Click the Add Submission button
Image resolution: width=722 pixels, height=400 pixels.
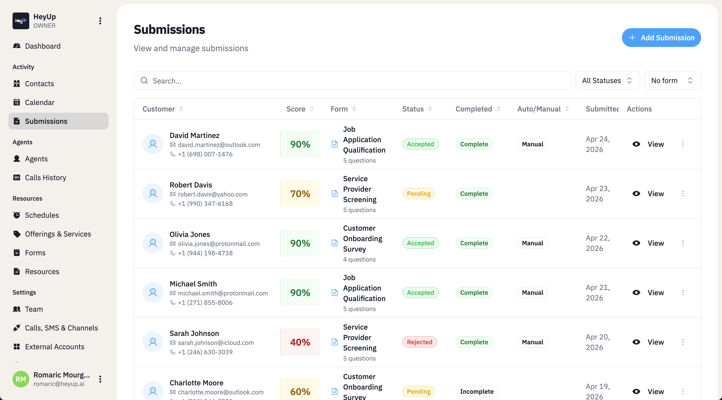(661, 38)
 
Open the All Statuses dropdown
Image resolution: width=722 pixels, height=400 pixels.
(607, 81)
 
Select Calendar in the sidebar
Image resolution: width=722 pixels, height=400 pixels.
(39, 102)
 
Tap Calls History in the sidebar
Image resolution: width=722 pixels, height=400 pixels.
(45, 178)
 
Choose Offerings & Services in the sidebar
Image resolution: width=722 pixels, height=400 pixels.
(58, 234)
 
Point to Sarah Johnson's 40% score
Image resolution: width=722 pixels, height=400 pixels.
(300, 342)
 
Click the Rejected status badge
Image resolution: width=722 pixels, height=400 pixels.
(419, 342)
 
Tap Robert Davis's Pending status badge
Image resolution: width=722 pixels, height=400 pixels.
(418, 194)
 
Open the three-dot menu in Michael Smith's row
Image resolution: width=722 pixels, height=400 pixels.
(683, 292)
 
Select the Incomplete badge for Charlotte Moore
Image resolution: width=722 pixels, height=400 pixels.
(477, 391)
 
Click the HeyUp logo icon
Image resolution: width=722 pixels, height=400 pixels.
(21, 21)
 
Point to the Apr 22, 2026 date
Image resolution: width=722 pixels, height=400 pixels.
(597, 243)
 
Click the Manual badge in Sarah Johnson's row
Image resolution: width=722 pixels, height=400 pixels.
(532, 342)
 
